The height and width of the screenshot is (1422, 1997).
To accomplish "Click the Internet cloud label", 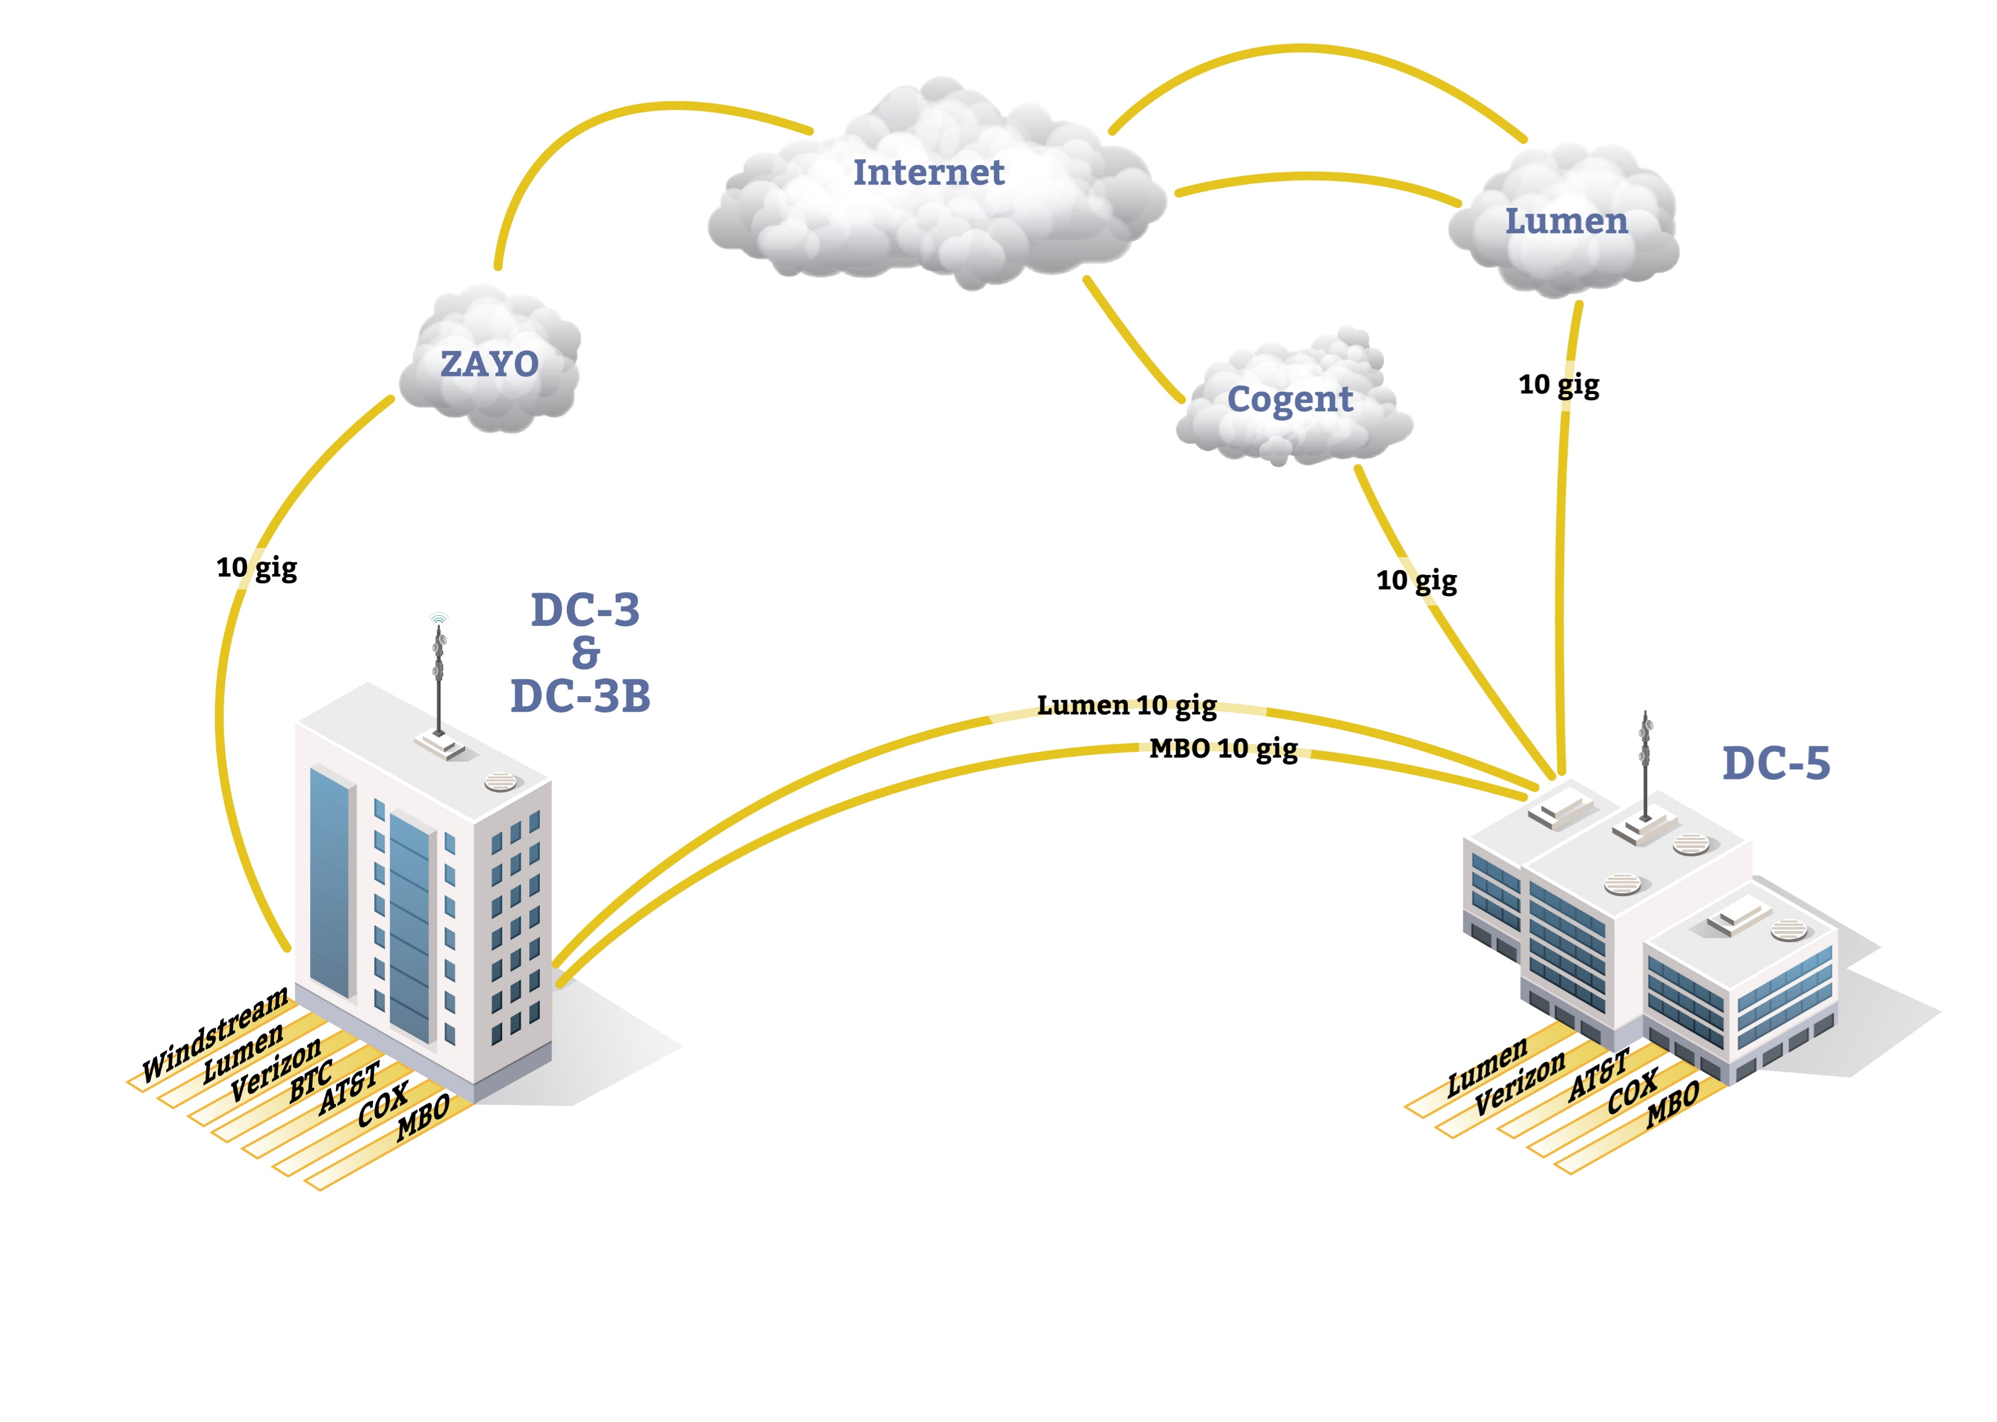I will [x=928, y=173].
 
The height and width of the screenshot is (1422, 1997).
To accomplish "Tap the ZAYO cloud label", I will [x=489, y=364].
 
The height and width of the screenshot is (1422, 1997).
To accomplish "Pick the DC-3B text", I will [x=580, y=697].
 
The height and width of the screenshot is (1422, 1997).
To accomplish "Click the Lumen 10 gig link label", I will [x=1126, y=706].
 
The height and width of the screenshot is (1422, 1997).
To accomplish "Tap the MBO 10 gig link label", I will [x=1222, y=749].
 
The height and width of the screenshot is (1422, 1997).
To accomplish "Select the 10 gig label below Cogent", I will [x=1416, y=580].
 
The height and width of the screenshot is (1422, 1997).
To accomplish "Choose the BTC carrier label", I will [x=311, y=1081].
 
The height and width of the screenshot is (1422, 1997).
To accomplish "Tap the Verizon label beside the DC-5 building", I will [x=1519, y=1083].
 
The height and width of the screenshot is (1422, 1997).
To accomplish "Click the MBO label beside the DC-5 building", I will [x=1672, y=1103].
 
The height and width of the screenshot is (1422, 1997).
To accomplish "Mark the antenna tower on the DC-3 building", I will [x=439, y=678].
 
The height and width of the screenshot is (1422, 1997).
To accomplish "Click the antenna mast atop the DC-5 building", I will [x=1645, y=762].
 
